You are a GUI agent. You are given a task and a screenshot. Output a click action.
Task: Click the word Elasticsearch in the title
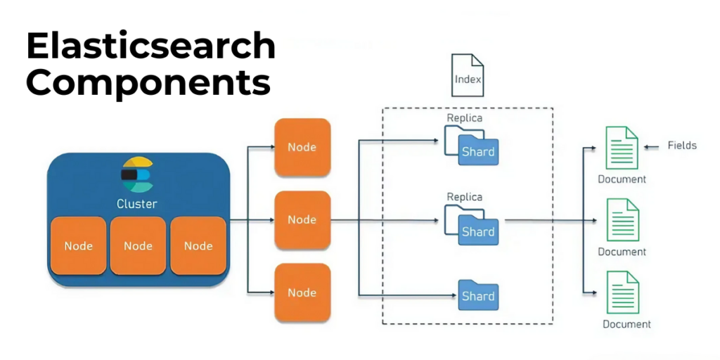(x=150, y=47)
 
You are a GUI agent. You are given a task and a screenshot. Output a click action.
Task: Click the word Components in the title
(x=148, y=83)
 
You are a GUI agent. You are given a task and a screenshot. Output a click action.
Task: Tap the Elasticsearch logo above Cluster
(x=137, y=174)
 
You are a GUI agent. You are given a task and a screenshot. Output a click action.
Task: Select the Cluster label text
(x=137, y=204)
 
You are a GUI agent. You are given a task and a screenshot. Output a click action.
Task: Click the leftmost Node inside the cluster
(x=78, y=245)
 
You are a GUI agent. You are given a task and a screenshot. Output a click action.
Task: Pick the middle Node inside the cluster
(x=138, y=245)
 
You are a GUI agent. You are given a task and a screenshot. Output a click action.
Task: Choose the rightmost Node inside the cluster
(x=198, y=245)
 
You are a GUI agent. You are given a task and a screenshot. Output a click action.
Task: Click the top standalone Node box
(x=302, y=147)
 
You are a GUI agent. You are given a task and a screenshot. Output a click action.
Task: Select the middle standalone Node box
(x=302, y=219)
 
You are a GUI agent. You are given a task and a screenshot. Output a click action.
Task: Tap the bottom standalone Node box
(x=302, y=292)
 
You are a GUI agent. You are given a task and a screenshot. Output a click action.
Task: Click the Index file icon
(x=468, y=76)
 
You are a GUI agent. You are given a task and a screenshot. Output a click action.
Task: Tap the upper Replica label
(x=465, y=117)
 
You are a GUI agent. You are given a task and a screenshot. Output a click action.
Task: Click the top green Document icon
(x=622, y=148)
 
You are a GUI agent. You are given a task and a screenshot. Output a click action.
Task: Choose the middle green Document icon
(x=622, y=220)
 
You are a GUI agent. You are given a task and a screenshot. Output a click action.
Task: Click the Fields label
(x=682, y=146)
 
